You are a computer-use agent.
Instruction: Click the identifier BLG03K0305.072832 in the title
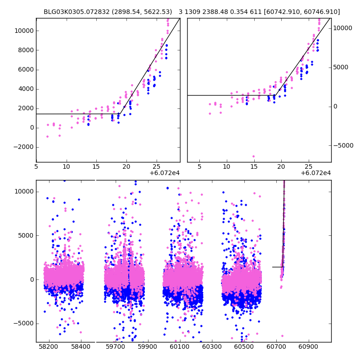click(72, 12)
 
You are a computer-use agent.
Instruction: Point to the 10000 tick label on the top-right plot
click(343, 28)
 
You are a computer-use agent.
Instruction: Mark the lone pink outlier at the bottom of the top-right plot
click(253, 156)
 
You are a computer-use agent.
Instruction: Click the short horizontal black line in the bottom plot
click(277, 267)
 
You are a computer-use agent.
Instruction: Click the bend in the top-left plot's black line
click(121, 114)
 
